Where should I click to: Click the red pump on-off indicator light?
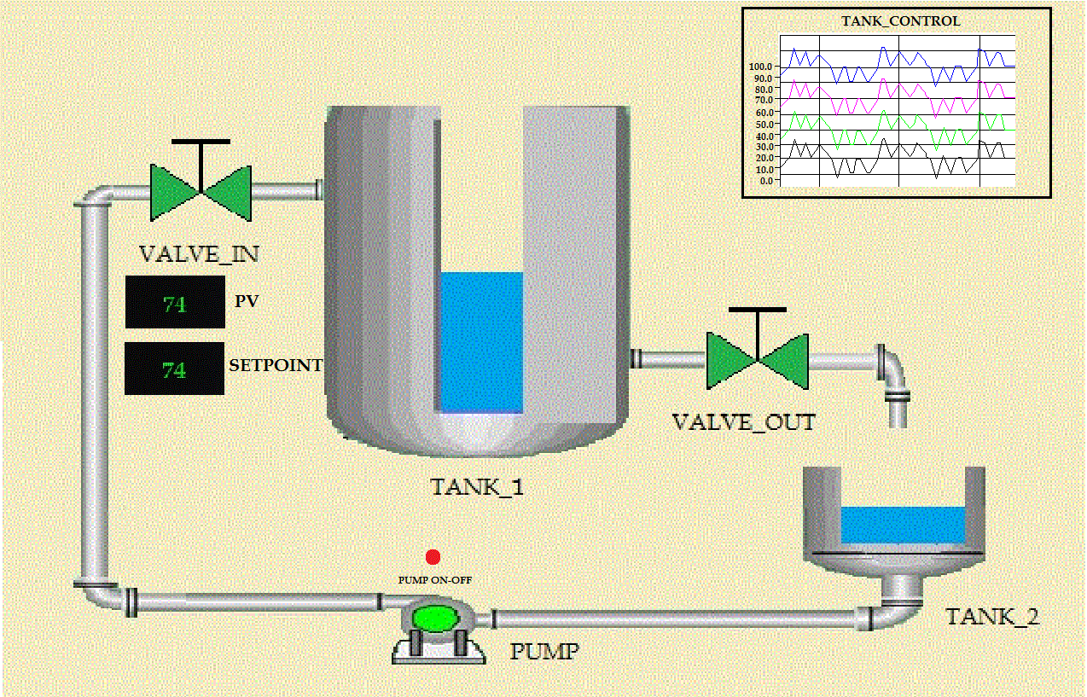433,557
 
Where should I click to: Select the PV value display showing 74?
175,303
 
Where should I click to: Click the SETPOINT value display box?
175,369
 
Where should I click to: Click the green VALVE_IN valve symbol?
201,190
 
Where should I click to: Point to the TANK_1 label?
476,487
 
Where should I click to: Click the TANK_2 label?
992,617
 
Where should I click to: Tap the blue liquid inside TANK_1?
481,341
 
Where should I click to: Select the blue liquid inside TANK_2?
903,525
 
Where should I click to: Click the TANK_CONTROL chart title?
900,21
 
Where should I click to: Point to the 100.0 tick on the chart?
761,67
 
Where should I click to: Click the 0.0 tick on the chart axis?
765,180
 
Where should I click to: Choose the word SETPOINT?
276,366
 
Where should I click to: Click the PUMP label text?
544,653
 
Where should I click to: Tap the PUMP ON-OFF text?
435,580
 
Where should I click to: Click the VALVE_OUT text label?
743,422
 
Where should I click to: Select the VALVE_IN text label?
199,254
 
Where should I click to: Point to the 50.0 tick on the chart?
763,124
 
